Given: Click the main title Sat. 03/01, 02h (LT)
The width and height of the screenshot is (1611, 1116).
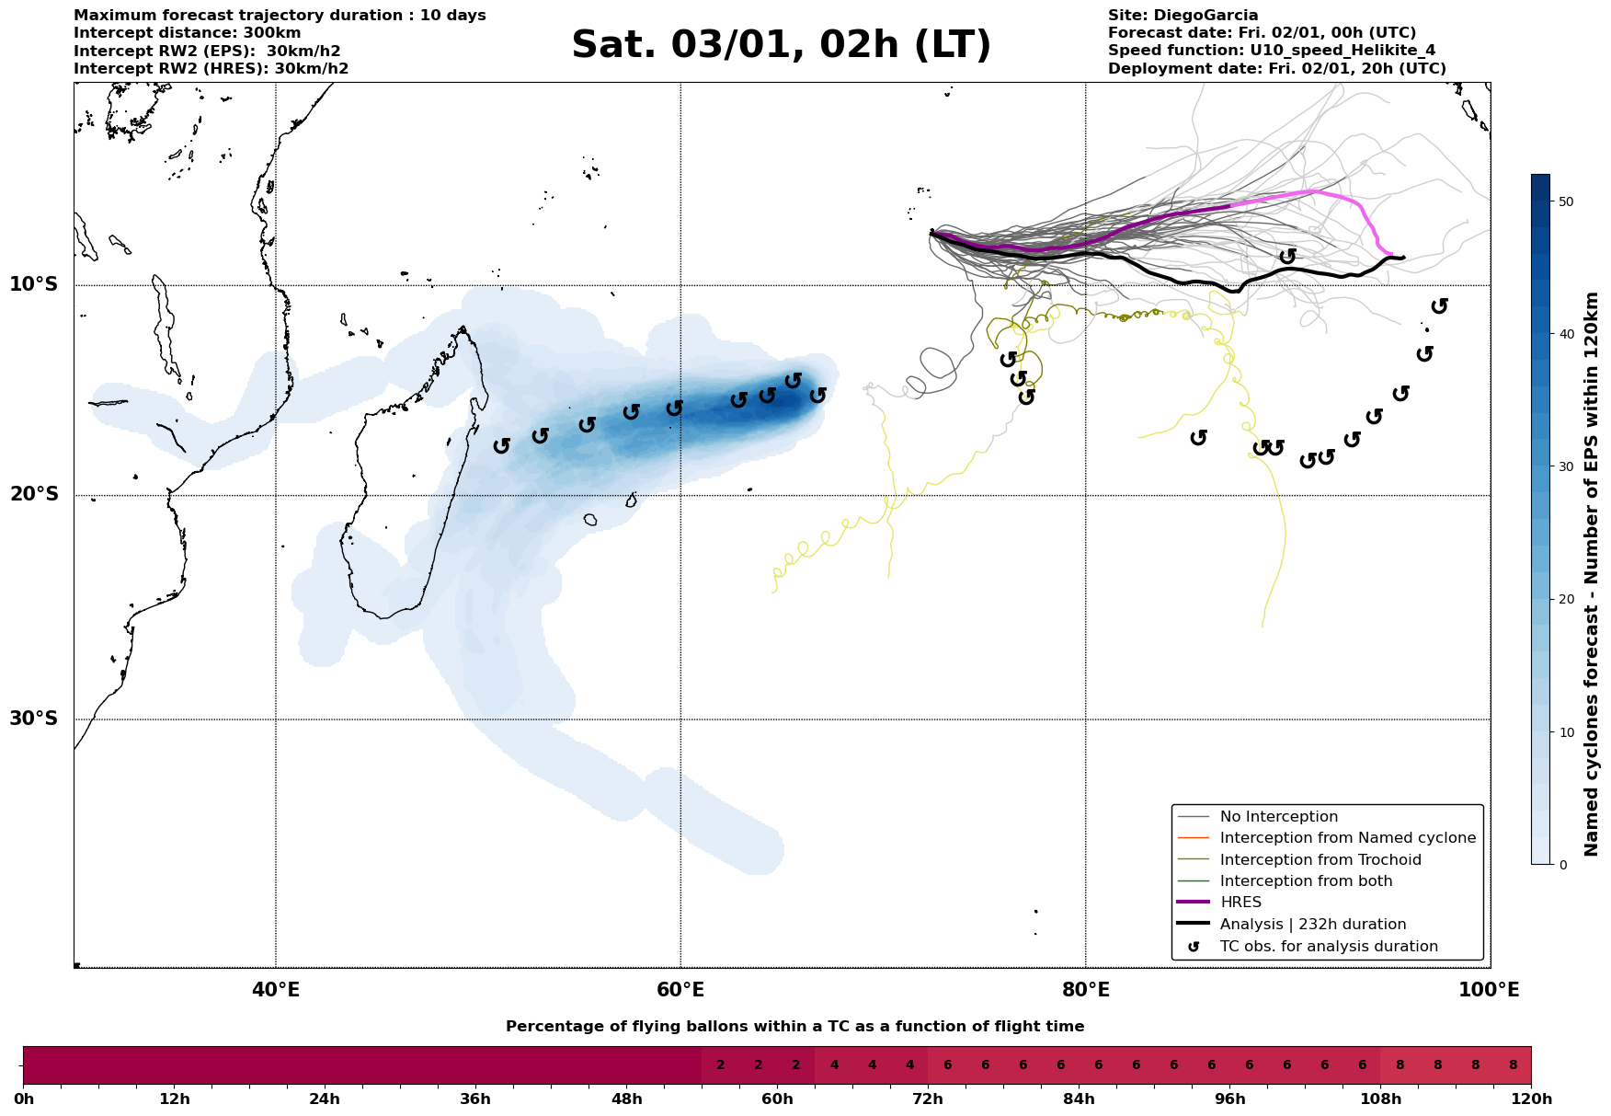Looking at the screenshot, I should click(x=781, y=45).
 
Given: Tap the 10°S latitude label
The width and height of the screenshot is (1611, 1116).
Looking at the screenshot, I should click(x=34, y=284).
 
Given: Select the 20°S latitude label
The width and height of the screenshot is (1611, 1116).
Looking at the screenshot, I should click(x=34, y=495).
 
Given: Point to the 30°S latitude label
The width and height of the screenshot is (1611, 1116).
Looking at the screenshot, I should click(x=34, y=719).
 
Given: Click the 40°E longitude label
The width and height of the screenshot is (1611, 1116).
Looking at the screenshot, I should click(x=276, y=990).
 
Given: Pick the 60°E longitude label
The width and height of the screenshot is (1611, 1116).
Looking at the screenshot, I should click(x=680, y=990).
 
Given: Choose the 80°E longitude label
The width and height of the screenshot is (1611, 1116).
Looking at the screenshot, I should click(x=1085, y=990).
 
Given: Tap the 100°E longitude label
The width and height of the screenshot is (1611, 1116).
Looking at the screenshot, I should click(x=1489, y=990).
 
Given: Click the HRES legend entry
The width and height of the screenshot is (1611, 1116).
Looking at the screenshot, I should click(x=1240, y=903).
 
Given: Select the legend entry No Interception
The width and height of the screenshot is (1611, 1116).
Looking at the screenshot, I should click(x=1278, y=817).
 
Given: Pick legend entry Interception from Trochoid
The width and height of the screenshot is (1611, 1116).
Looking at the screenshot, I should click(x=1320, y=860).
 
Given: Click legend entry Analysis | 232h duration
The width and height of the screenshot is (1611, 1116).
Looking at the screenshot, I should click(x=1312, y=925).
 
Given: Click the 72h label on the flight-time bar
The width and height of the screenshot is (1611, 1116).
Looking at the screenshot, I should click(x=928, y=1099).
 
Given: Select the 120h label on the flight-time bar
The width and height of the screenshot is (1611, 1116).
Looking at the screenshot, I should click(x=1531, y=1099).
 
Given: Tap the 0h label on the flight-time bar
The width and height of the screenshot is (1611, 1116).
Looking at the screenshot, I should click(x=24, y=1099).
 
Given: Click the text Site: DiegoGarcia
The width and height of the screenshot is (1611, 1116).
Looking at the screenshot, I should click(x=1183, y=16).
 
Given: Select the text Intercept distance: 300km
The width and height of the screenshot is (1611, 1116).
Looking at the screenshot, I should click(x=187, y=33).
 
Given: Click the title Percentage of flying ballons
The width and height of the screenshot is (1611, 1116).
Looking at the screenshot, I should click(x=794, y=1027).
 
